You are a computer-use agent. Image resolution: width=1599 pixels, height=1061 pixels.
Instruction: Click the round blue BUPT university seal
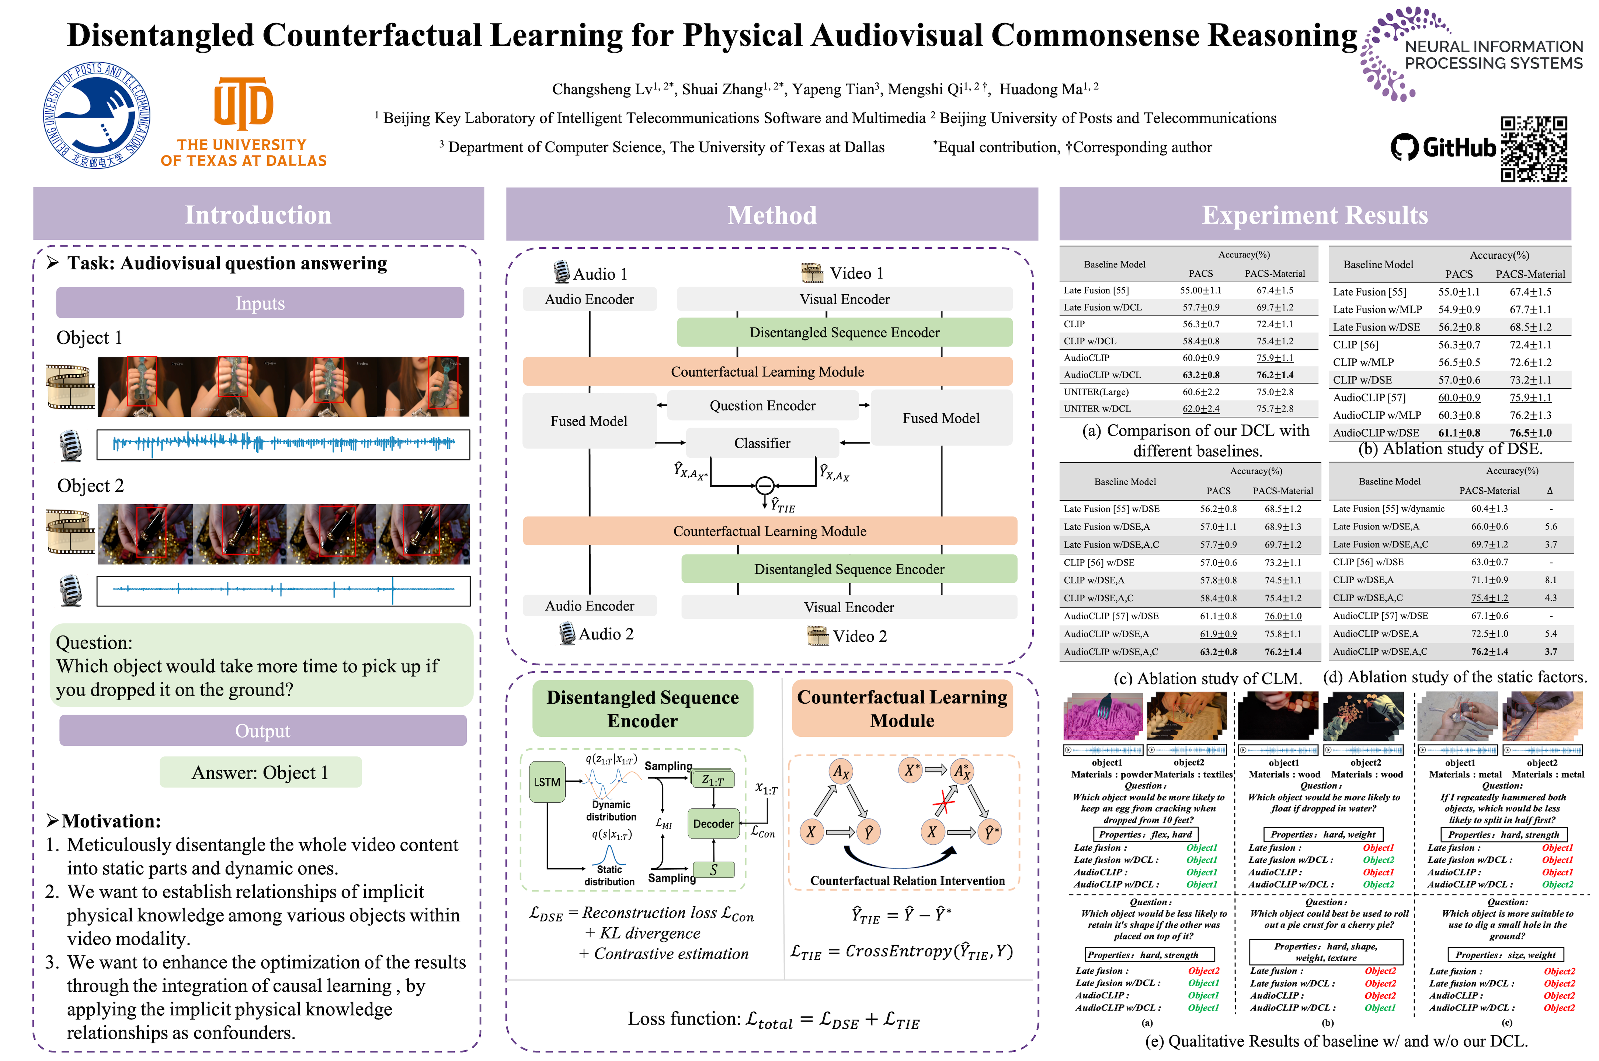(x=97, y=115)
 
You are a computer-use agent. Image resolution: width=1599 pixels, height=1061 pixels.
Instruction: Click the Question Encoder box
(x=762, y=405)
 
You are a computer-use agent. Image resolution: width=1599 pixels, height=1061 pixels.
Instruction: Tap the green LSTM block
(x=547, y=782)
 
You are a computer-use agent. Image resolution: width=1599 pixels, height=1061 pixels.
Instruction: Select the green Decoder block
(x=713, y=823)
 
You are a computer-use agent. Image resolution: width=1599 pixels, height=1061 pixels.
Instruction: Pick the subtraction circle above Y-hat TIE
(x=764, y=485)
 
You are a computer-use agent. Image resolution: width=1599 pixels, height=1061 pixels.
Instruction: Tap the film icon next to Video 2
(x=818, y=635)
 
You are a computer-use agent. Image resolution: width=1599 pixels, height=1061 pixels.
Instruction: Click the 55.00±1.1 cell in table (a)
(x=1201, y=290)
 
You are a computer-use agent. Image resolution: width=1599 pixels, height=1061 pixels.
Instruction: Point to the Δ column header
(x=1550, y=491)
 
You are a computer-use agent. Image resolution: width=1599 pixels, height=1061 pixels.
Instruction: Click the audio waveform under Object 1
(x=283, y=444)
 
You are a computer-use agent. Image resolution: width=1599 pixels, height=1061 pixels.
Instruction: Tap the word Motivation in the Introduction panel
(x=111, y=821)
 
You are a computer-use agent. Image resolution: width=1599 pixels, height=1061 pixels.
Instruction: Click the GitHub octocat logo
(x=1404, y=147)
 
